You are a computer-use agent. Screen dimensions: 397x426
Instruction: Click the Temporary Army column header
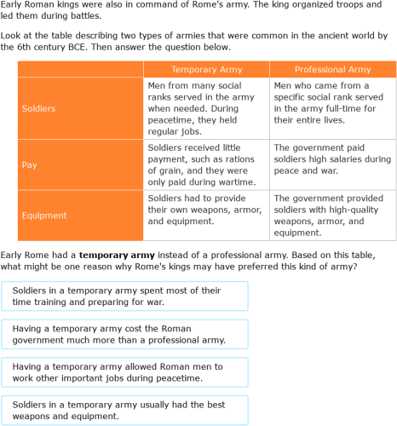tap(205, 69)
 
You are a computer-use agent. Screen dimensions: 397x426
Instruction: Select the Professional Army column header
tap(332, 69)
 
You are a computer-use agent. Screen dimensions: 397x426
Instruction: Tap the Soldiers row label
tap(79, 108)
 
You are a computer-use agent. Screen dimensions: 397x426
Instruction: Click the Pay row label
tap(79, 164)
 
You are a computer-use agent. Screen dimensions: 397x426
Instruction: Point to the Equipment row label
tap(79, 215)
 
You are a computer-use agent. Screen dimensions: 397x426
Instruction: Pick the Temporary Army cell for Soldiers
tap(205, 108)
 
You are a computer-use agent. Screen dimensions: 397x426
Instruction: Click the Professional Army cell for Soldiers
tap(332, 108)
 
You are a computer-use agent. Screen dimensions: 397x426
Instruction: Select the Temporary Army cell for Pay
tap(205, 164)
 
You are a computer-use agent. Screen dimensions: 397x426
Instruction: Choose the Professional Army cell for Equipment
tap(332, 215)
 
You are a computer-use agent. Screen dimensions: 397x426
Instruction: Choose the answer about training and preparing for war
tap(124, 296)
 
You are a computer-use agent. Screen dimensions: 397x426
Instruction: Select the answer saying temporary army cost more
tap(124, 334)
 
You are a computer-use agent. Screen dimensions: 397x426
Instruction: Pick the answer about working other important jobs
tap(124, 372)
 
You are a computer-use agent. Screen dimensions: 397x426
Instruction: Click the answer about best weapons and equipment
tap(124, 411)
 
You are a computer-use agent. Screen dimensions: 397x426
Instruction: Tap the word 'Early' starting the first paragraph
tap(12, 5)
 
